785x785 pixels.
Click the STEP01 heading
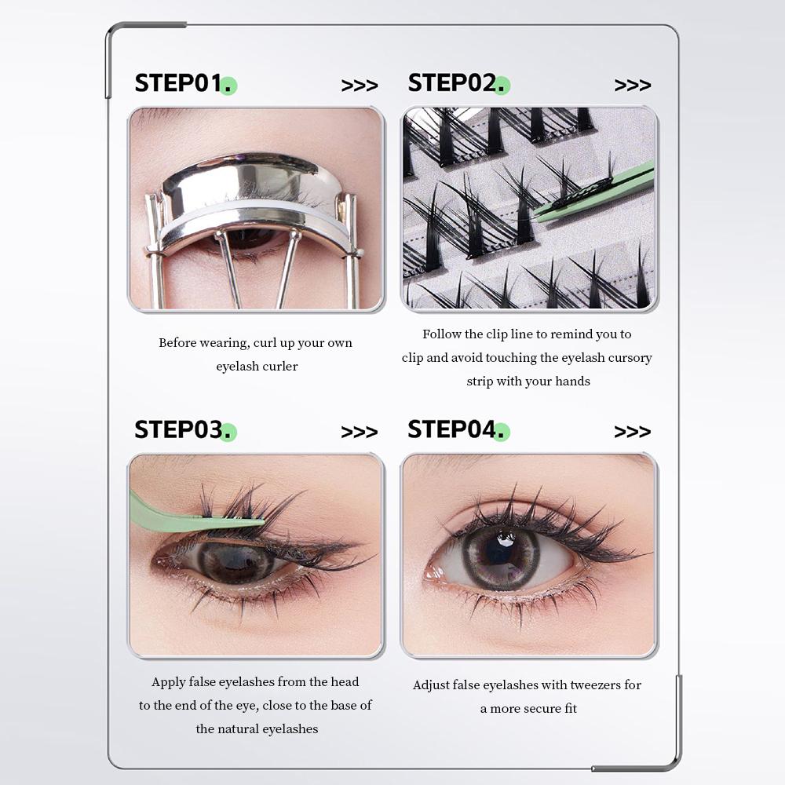[178, 83]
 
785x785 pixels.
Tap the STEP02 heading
[451, 83]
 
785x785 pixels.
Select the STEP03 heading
[178, 430]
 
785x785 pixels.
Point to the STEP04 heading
[451, 430]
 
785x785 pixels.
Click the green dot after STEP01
[228, 86]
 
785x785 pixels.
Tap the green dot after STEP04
[502, 433]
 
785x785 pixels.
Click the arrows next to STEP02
[632, 86]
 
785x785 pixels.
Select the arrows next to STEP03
[359, 433]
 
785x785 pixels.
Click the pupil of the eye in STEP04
[501, 553]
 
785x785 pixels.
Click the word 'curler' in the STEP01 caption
[279, 367]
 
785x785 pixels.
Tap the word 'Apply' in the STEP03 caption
[169, 682]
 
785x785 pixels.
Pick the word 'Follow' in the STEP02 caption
[442, 334]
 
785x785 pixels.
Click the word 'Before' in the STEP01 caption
[179, 343]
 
